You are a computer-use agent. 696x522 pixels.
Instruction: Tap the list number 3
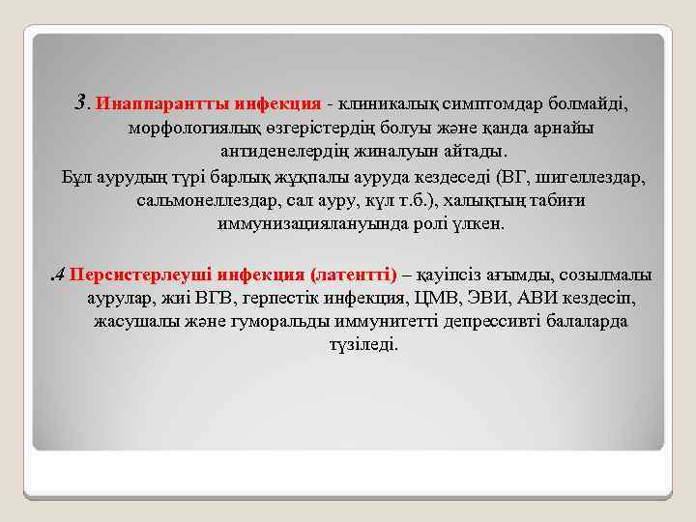coord(81,101)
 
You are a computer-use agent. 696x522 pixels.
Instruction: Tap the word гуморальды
coord(255,321)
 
